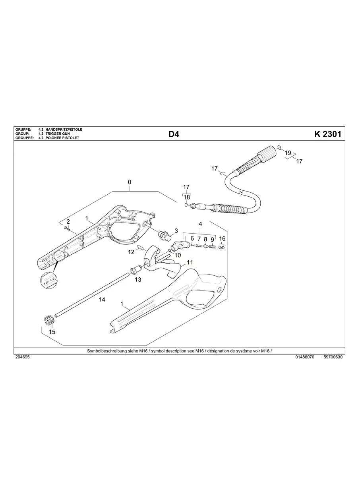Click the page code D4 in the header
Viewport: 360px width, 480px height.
click(174, 134)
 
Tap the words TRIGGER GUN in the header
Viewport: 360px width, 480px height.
click(58, 134)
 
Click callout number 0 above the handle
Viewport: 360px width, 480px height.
click(130, 182)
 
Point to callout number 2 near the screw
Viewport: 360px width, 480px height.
click(68, 221)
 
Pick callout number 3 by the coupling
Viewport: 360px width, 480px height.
click(176, 230)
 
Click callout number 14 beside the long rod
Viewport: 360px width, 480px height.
click(102, 299)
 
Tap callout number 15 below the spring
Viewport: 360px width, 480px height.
click(52, 332)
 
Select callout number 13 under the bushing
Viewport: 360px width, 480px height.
click(138, 280)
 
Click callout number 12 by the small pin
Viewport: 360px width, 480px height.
click(131, 252)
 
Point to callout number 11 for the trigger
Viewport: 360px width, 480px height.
click(190, 262)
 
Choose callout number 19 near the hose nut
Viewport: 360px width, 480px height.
click(288, 153)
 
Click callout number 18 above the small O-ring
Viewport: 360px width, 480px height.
click(186, 197)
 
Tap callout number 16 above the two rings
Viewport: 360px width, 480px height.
click(222, 238)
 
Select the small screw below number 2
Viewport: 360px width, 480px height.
click(66, 228)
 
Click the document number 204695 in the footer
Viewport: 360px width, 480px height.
click(22, 357)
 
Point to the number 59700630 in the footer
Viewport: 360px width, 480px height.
click(333, 357)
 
